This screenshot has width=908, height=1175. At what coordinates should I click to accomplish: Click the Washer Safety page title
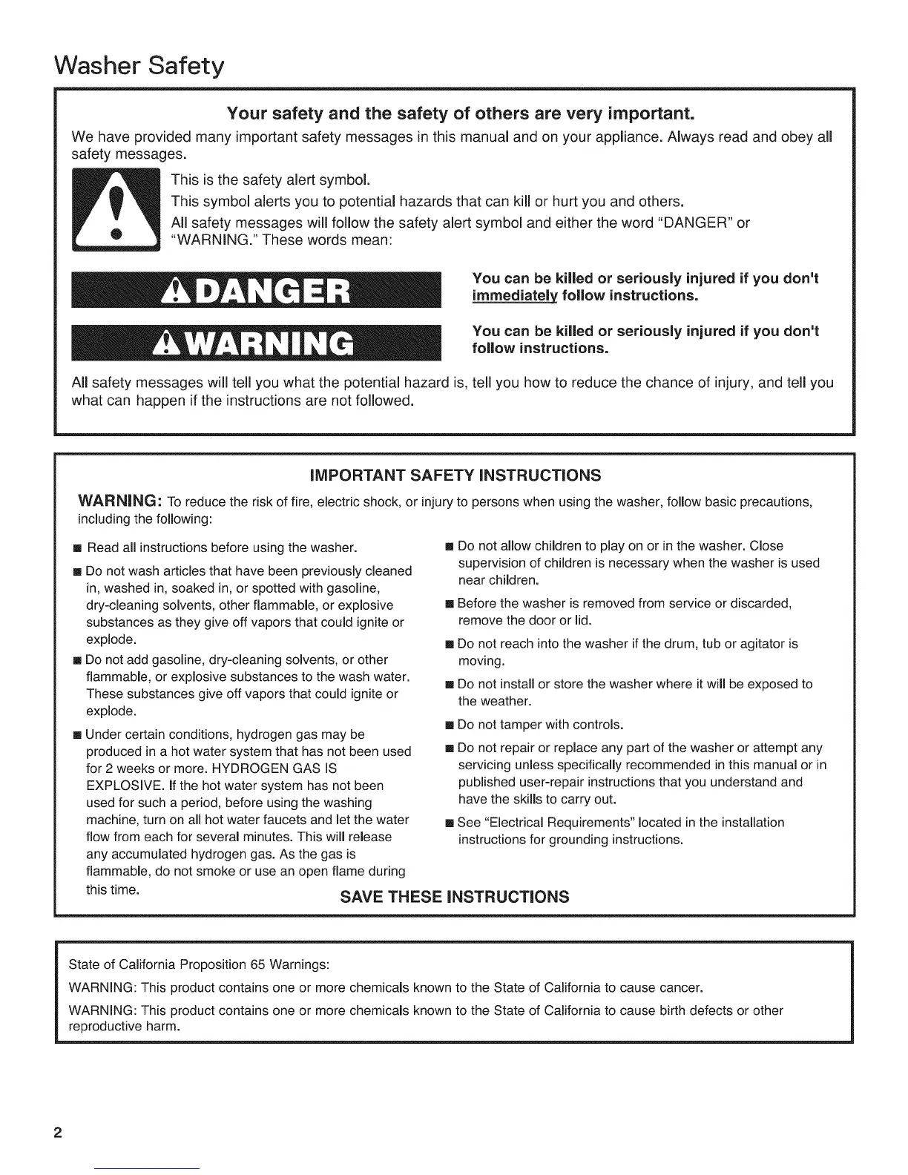click(139, 68)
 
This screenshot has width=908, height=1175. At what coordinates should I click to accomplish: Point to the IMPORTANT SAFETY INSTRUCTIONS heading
click(455, 475)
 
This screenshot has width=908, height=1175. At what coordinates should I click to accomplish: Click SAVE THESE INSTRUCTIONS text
click(455, 897)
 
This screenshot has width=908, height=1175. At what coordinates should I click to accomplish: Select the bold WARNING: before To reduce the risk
click(119, 501)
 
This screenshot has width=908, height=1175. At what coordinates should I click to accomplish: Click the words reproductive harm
click(124, 1027)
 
